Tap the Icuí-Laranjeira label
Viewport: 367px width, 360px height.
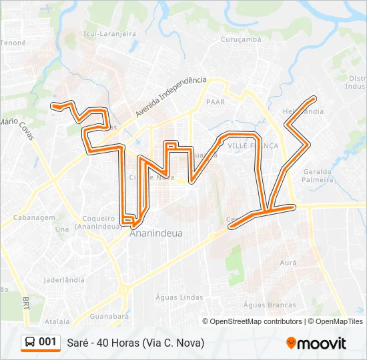click(109, 33)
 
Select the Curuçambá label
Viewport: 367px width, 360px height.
click(242, 39)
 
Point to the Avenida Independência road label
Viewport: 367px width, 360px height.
click(171, 96)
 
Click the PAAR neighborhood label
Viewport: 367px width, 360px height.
click(216, 102)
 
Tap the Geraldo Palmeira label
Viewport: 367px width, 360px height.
click(318, 175)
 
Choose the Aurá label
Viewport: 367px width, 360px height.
click(288, 263)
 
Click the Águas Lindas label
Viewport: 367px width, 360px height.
click(178, 297)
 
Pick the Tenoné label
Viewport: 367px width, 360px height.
click(13, 43)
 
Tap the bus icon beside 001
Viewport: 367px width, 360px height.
click(30, 342)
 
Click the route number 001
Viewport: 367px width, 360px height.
click(47, 342)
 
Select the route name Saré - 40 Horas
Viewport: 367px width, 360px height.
click(135, 343)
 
